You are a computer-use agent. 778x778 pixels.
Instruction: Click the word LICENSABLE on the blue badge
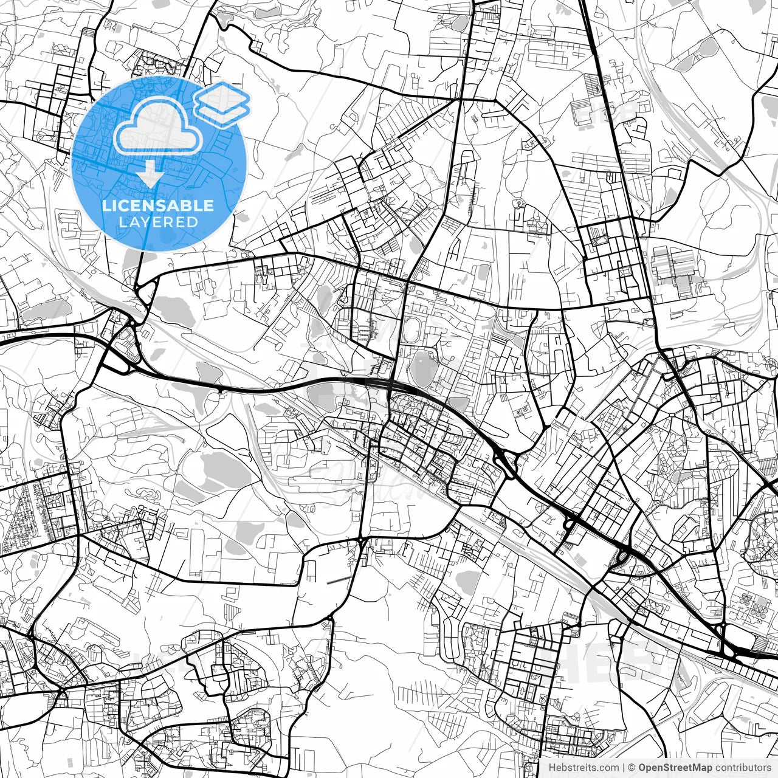(158, 205)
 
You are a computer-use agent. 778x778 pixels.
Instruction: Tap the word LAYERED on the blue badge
(158, 222)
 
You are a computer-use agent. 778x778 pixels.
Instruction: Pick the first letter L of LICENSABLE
(106, 205)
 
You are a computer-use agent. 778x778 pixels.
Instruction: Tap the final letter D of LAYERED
(193, 222)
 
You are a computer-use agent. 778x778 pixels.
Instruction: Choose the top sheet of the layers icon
(222, 94)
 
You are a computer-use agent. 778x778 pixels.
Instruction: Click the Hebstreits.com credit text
(584, 768)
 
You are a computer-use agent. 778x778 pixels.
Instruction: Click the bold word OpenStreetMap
(674, 768)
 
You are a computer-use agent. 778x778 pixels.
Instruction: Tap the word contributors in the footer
(742, 768)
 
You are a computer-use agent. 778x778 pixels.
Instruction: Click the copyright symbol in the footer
(632, 768)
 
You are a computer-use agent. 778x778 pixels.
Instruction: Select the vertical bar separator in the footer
(624, 768)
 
